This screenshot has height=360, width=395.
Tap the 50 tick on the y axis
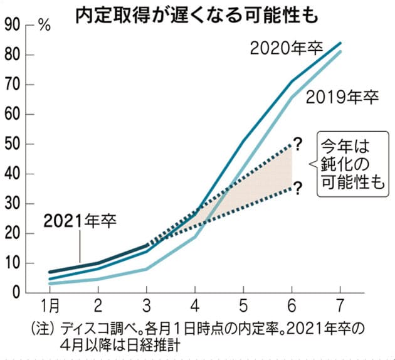[x=13, y=144]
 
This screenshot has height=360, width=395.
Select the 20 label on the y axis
[x=13, y=233]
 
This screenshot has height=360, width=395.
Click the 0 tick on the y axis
[x=17, y=293]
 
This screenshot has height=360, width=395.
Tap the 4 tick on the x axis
[x=194, y=307]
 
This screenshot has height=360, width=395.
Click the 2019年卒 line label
[x=342, y=97]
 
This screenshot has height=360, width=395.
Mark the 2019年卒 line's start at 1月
[x=50, y=283]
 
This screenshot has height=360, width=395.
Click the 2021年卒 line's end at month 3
[x=147, y=245]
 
